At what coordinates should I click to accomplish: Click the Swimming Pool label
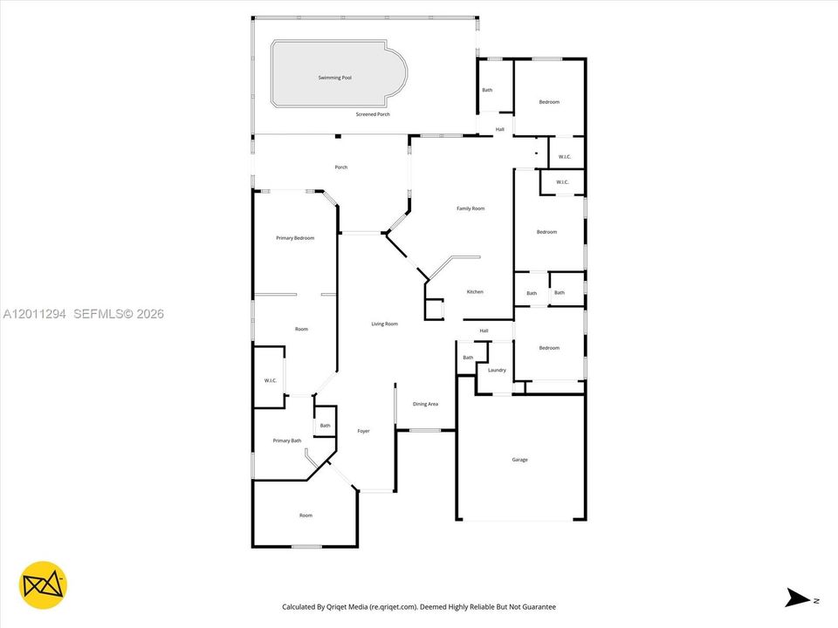click(335, 78)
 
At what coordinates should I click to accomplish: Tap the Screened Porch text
click(373, 114)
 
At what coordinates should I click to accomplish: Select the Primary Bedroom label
click(295, 238)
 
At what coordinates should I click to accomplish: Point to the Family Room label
click(471, 208)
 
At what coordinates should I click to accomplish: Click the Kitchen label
click(475, 292)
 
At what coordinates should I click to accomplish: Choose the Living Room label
click(385, 324)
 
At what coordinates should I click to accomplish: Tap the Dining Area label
click(425, 404)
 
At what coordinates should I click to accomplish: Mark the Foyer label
click(363, 431)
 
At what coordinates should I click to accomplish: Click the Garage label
click(520, 460)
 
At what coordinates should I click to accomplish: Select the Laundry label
click(497, 370)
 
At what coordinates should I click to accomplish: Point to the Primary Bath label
click(287, 440)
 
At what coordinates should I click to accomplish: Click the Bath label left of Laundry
click(468, 358)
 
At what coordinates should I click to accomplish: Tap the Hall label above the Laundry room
click(484, 331)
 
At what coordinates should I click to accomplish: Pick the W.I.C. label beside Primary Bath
click(271, 381)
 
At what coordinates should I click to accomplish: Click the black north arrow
click(797, 597)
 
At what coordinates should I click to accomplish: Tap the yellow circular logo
click(44, 585)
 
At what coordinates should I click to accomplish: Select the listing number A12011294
click(35, 314)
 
